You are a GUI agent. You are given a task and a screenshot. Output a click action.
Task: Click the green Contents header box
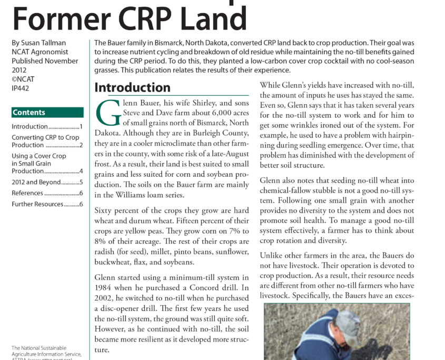coord(47,113)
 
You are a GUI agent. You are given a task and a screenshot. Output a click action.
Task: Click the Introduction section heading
coord(132,87)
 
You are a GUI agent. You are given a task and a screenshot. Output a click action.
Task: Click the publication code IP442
coord(21,88)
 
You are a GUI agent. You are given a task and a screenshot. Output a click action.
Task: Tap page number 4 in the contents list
coord(81,171)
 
